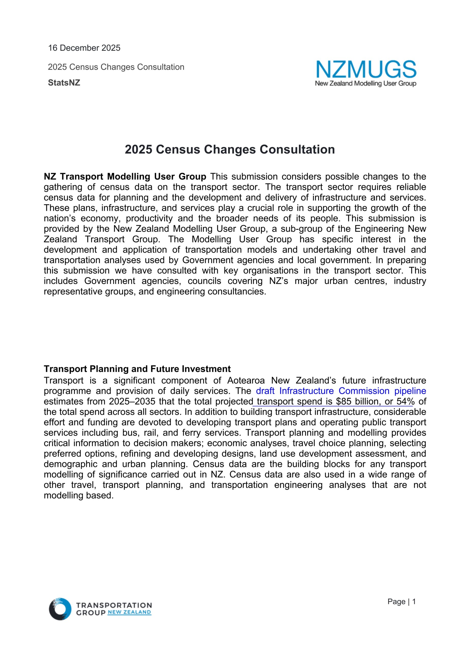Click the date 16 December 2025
pos(84,48)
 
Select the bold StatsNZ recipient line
pos(64,83)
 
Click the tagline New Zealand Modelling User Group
pos(366,84)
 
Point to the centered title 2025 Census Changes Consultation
pos(230,150)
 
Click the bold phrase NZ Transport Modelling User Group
pos(125,177)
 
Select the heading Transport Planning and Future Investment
pos(137,369)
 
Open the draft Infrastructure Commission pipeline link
pos(341,391)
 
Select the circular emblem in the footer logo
pos(60,609)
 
